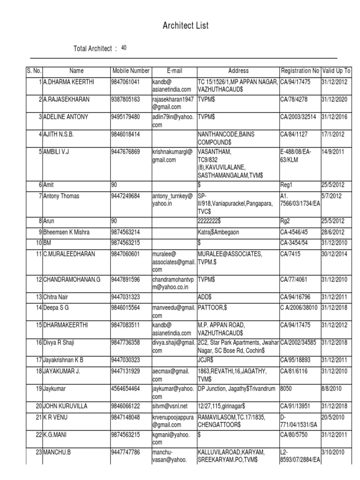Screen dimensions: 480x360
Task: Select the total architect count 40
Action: tap(124, 48)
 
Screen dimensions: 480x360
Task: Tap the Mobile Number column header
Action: tap(130, 71)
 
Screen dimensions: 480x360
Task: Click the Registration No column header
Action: tap(300, 71)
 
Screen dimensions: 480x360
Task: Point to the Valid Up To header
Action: tap(337, 71)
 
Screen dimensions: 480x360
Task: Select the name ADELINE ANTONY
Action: tap(66, 117)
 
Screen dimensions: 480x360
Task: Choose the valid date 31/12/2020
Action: tap(334, 99)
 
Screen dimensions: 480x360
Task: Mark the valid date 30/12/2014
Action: tap(334, 254)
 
